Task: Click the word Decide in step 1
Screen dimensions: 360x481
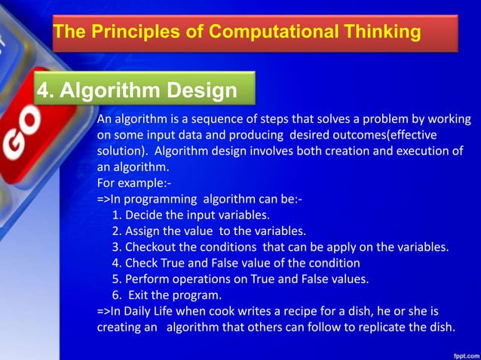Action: coord(142,215)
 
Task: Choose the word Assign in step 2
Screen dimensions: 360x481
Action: coord(142,231)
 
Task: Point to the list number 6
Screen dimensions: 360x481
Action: coord(115,294)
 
